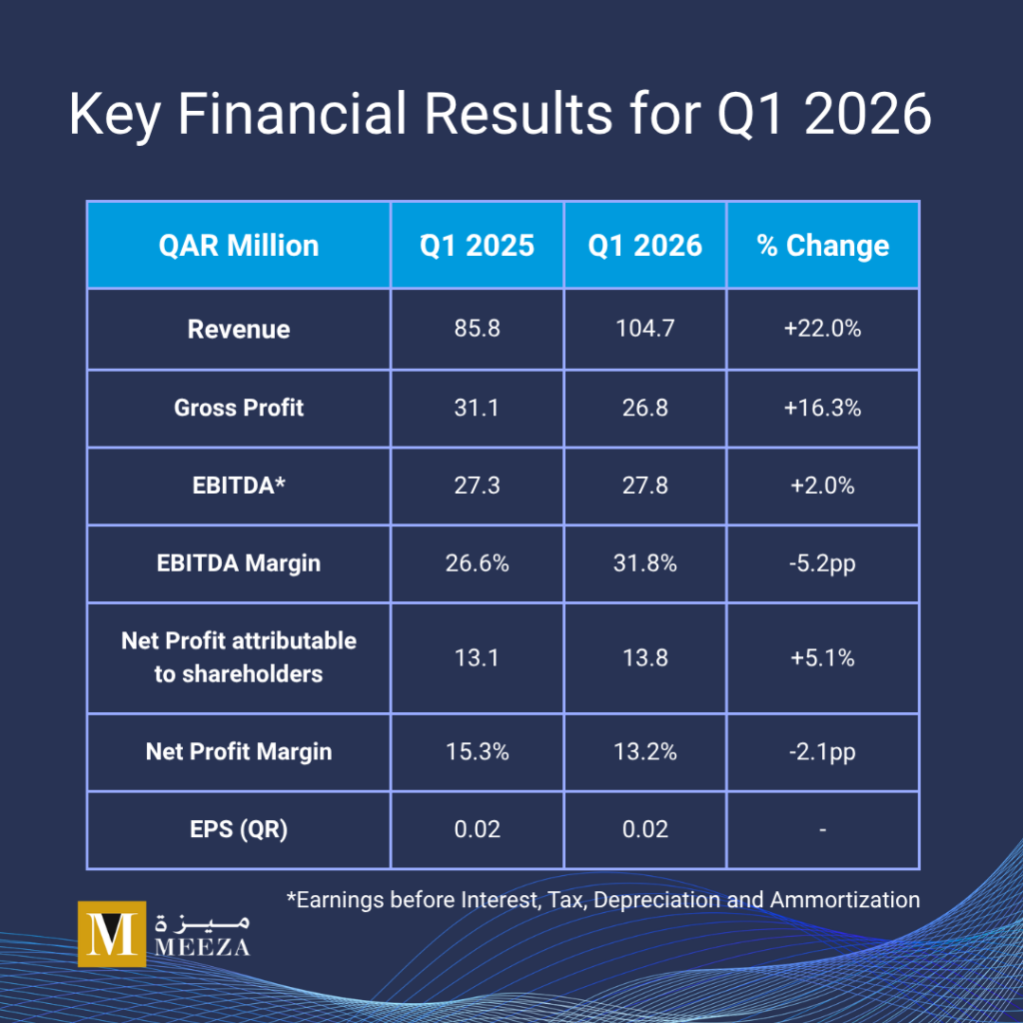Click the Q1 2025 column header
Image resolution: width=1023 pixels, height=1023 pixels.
click(477, 246)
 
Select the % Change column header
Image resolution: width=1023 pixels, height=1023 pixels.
click(823, 246)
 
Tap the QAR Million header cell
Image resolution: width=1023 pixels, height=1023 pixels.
click(239, 246)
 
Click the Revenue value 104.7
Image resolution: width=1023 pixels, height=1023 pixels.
click(644, 328)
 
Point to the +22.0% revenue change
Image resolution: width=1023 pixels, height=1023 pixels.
click(822, 328)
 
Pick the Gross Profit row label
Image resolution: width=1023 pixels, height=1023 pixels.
click(239, 408)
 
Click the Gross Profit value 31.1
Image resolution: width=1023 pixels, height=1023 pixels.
click(477, 408)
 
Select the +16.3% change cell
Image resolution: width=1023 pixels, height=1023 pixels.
click(822, 408)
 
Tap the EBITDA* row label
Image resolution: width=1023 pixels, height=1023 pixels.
click(239, 486)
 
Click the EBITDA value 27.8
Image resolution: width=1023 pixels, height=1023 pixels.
click(644, 486)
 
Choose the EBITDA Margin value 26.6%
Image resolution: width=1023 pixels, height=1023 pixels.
click(477, 563)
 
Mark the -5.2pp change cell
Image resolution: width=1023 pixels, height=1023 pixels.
click(822, 563)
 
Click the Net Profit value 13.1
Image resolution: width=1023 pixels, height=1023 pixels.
click(477, 657)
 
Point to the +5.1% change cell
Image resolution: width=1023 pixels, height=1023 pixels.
click(822, 657)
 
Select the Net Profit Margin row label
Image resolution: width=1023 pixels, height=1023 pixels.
click(239, 751)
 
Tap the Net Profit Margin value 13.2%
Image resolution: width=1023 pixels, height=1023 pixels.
click(644, 751)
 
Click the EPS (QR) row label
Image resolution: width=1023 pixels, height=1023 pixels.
click(239, 829)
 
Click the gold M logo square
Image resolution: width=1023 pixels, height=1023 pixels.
click(112, 934)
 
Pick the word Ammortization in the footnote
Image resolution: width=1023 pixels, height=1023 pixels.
click(845, 900)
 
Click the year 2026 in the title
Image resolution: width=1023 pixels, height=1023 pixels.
click(867, 114)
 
